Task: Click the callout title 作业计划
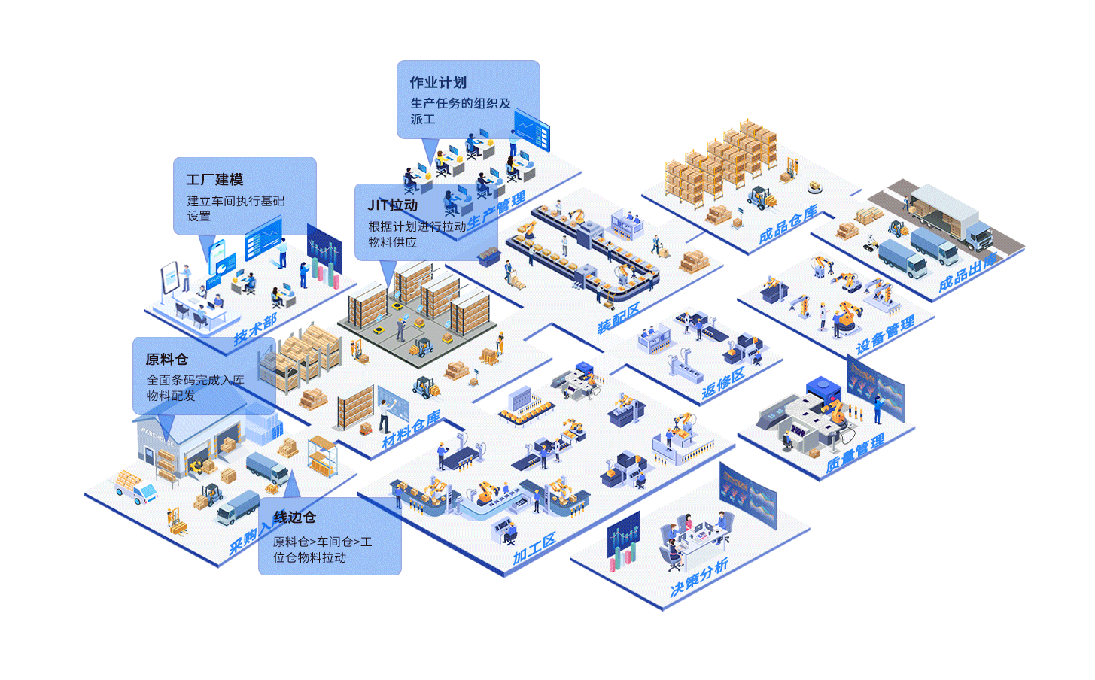438,83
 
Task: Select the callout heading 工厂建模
214,180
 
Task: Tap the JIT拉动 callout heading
392,205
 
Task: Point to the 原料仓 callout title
166,360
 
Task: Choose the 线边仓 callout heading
294,518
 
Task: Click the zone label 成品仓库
787,225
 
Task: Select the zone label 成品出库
966,273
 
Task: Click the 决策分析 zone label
698,578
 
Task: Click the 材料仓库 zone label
410,431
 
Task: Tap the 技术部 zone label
254,329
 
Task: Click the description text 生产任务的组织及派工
460,111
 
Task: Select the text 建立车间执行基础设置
236,208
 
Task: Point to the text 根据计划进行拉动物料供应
416,234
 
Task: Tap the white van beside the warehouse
136,490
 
